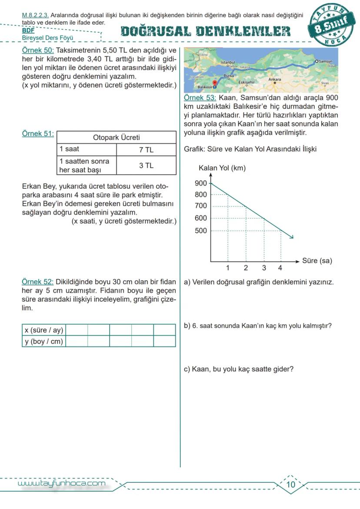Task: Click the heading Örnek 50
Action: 38,50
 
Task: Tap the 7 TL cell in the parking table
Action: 146,150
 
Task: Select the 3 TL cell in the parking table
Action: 146,166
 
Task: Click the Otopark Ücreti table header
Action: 117,137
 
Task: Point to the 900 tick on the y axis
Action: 201,183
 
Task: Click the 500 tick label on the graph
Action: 201,230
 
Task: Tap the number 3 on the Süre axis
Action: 264,268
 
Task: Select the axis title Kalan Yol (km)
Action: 222,168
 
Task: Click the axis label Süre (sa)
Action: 317,261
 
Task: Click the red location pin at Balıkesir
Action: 214,83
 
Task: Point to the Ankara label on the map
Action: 274,80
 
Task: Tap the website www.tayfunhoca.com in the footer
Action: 61,483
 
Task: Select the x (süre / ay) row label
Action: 43,330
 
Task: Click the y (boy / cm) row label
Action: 43,342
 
